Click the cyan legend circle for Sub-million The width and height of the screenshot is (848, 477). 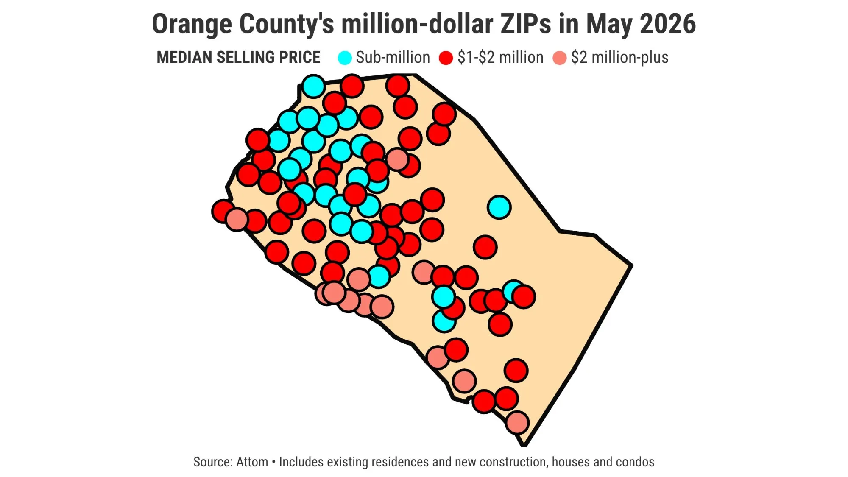(345, 58)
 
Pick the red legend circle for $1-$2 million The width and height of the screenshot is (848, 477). (446, 58)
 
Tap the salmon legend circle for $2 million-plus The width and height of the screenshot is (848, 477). (559, 58)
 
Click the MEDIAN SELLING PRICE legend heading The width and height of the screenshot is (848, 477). (238, 57)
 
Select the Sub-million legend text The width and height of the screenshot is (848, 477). (393, 57)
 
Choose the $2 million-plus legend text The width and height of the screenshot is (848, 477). (619, 57)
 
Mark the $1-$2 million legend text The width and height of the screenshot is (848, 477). (500, 57)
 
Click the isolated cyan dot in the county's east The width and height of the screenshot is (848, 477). (499, 207)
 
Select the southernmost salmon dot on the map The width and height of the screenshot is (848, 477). (517, 422)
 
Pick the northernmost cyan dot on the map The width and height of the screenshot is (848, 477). (313, 86)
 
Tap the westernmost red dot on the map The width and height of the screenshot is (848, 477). (223, 211)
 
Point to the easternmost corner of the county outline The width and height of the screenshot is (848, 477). (632, 266)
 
